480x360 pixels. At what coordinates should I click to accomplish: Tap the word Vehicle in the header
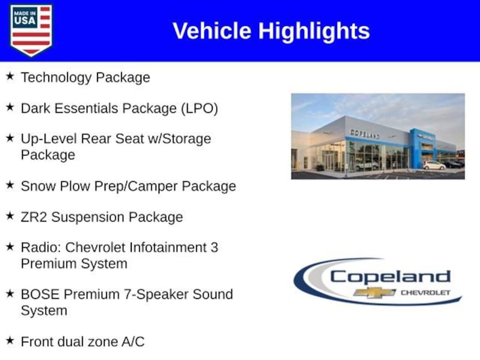tap(212, 31)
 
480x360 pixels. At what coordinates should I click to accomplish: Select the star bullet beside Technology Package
tap(10, 76)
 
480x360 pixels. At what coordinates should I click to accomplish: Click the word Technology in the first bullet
tap(56, 78)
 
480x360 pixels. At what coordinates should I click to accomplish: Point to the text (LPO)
tap(199, 109)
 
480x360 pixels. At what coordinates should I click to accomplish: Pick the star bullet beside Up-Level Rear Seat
tap(10, 138)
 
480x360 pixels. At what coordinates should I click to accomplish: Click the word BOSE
tap(40, 294)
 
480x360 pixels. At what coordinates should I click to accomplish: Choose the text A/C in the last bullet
tap(133, 342)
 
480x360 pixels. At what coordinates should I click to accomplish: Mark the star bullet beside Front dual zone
tap(10, 340)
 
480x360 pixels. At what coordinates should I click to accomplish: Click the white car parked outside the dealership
tap(435, 165)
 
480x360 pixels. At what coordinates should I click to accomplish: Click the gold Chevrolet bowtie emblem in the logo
tap(375, 292)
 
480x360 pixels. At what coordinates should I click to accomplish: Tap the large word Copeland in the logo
tap(390, 277)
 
